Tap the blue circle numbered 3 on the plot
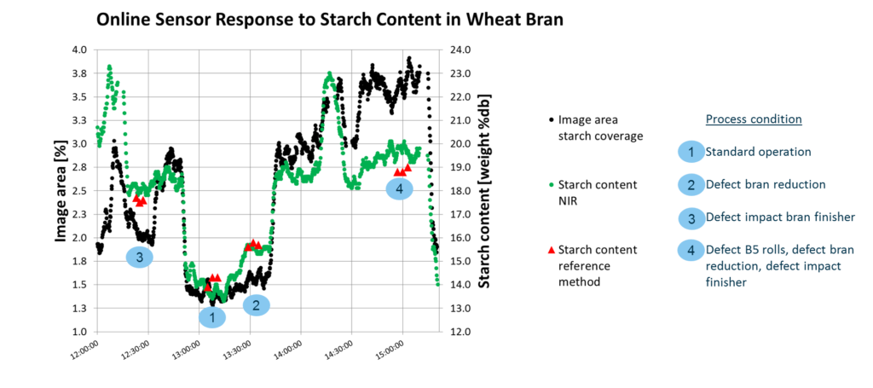(139, 256)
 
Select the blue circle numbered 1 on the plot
(211, 317)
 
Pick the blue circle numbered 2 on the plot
(256, 304)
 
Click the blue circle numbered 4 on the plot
(400, 189)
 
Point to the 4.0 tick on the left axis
(79, 49)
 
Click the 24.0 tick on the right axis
(461, 49)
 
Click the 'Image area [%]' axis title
(62, 190)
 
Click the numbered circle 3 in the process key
(691, 217)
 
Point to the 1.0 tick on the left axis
(79, 331)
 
